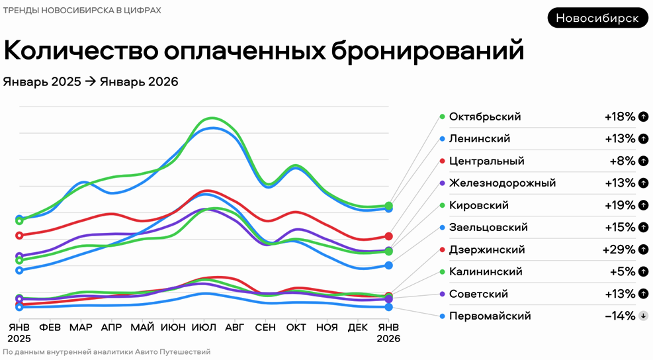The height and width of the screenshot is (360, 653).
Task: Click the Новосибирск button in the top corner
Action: coord(597,18)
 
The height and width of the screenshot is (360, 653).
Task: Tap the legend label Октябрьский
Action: coord(485,117)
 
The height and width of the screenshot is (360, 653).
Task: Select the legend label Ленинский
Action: coord(480,139)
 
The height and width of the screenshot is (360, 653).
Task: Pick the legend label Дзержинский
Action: coord(487,249)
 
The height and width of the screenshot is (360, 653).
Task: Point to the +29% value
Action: coord(619,249)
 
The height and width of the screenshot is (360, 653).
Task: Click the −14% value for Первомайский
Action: coord(620,316)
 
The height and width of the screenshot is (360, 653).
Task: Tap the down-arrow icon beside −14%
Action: coord(642,316)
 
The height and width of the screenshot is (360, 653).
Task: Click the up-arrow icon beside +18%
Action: coord(642,117)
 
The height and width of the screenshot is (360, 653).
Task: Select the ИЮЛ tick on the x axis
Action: coord(204,328)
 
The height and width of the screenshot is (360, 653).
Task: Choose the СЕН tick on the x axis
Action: coord(265,328)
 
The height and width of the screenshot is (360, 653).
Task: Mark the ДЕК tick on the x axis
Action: coord(357,328)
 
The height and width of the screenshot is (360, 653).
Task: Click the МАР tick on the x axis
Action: coord(81,328)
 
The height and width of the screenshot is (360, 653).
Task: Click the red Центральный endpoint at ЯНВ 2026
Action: coord(389,236)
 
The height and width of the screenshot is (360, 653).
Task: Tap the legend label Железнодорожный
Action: coord(502,183)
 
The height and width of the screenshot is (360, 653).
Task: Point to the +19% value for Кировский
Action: coord(619,205)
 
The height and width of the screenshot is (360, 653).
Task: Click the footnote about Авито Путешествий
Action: coord(107,352)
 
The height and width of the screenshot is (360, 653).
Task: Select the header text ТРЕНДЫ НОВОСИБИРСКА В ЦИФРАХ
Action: coord(82,11)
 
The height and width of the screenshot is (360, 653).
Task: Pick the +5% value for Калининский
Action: coord(622,272)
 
